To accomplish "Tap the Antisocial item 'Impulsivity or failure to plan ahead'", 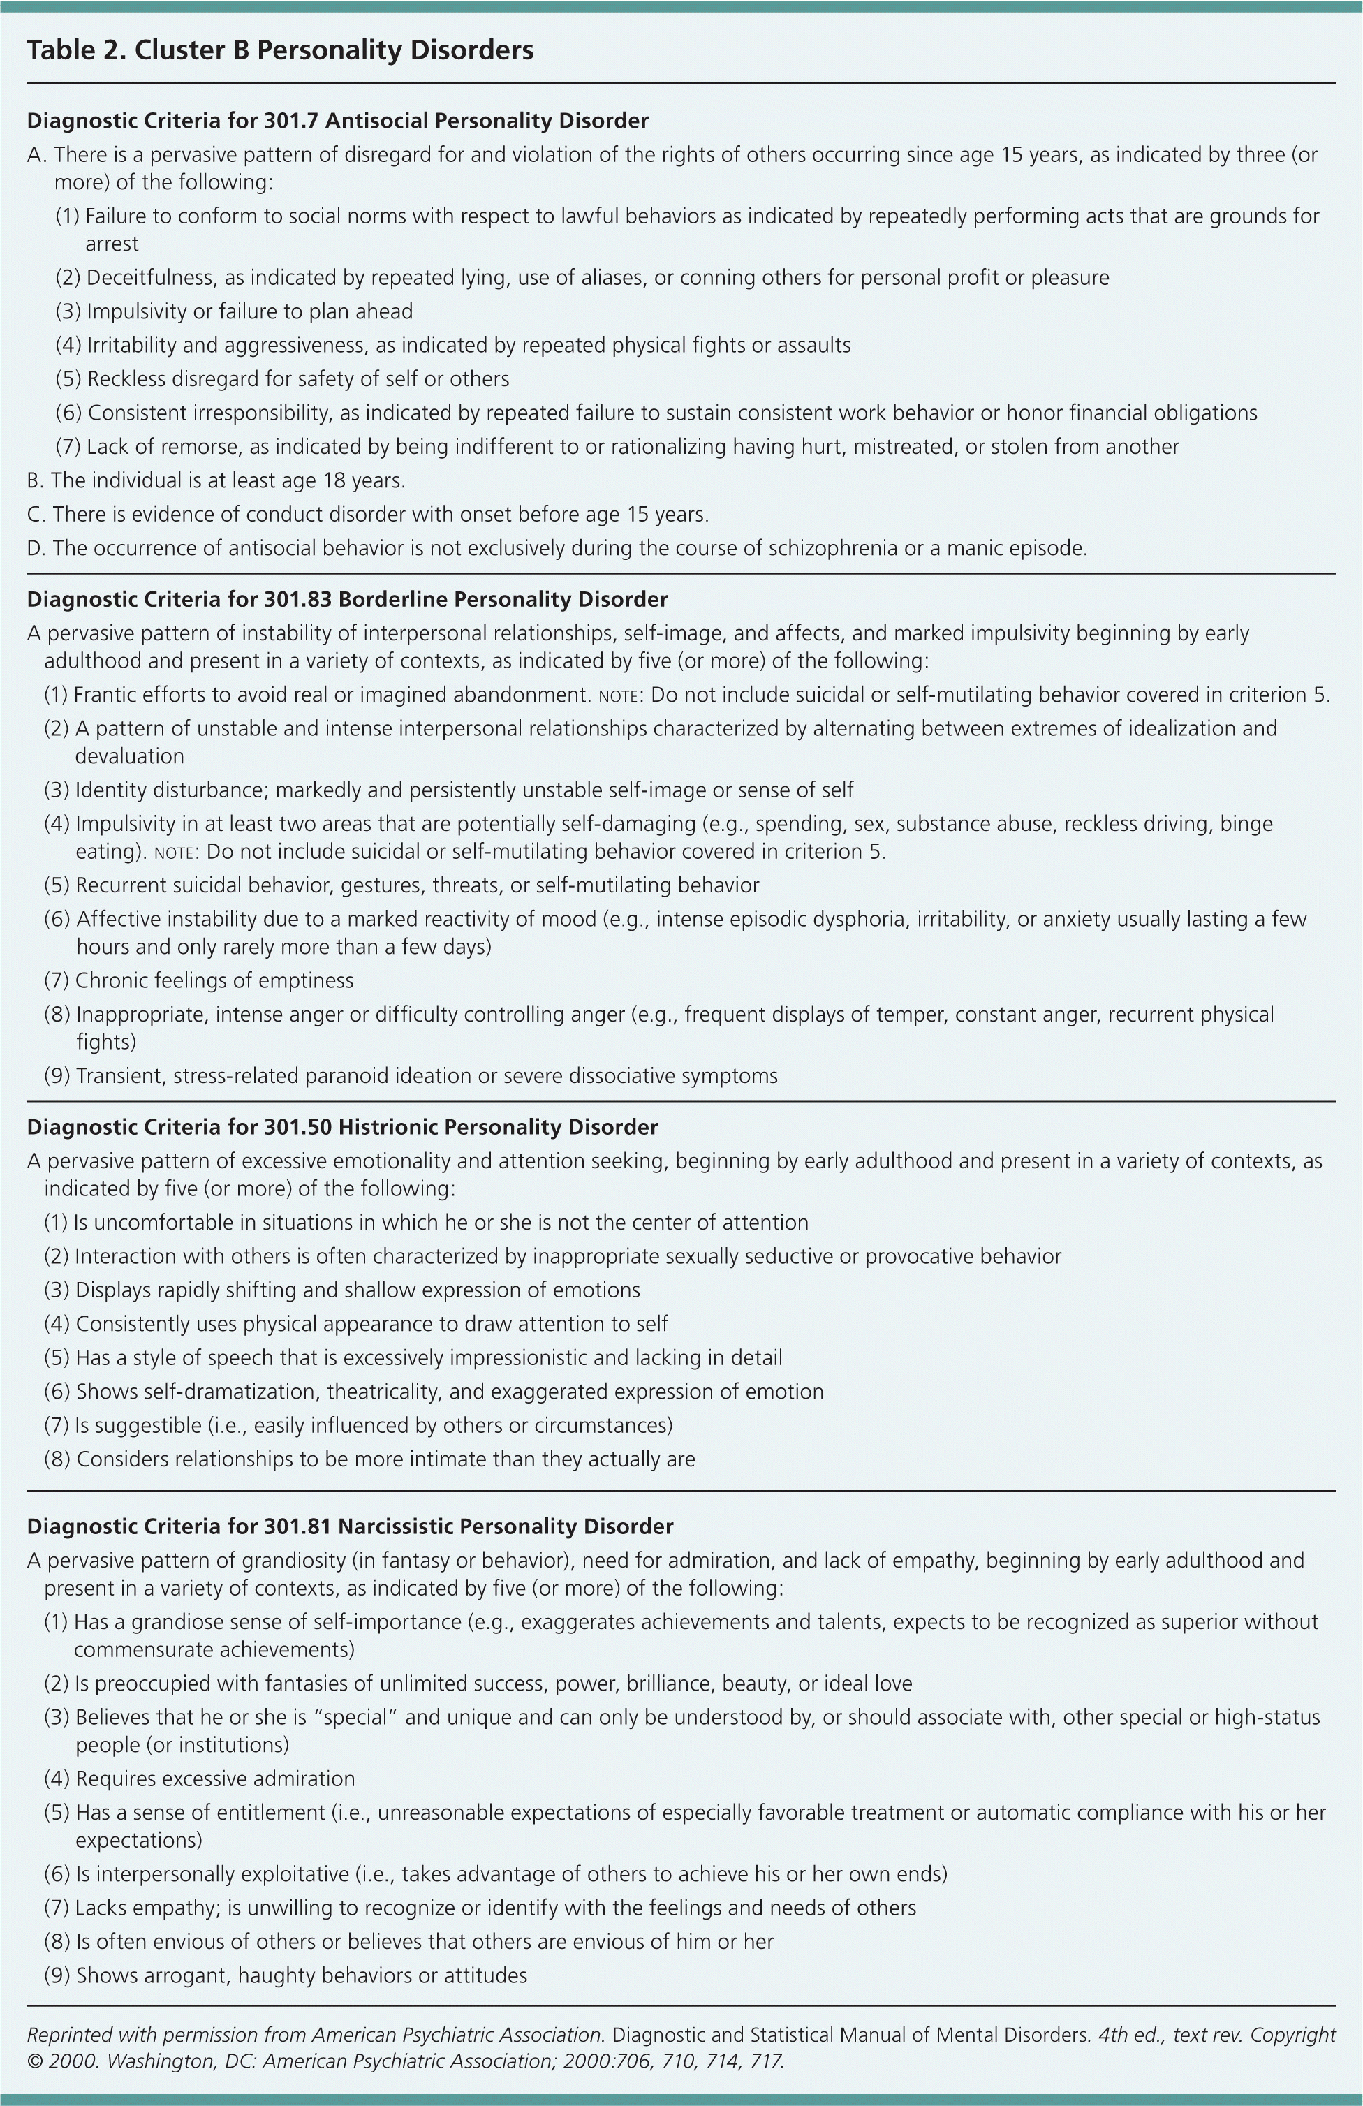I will pyautogui.click(x=249, y=311).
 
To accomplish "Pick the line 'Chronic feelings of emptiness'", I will pyautogui.click(x=214, y=980).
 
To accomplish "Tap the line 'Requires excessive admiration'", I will pyautogui.click(x=215, y=1779).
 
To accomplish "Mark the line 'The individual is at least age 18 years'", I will pyautogui.click(x=228, y=480).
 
